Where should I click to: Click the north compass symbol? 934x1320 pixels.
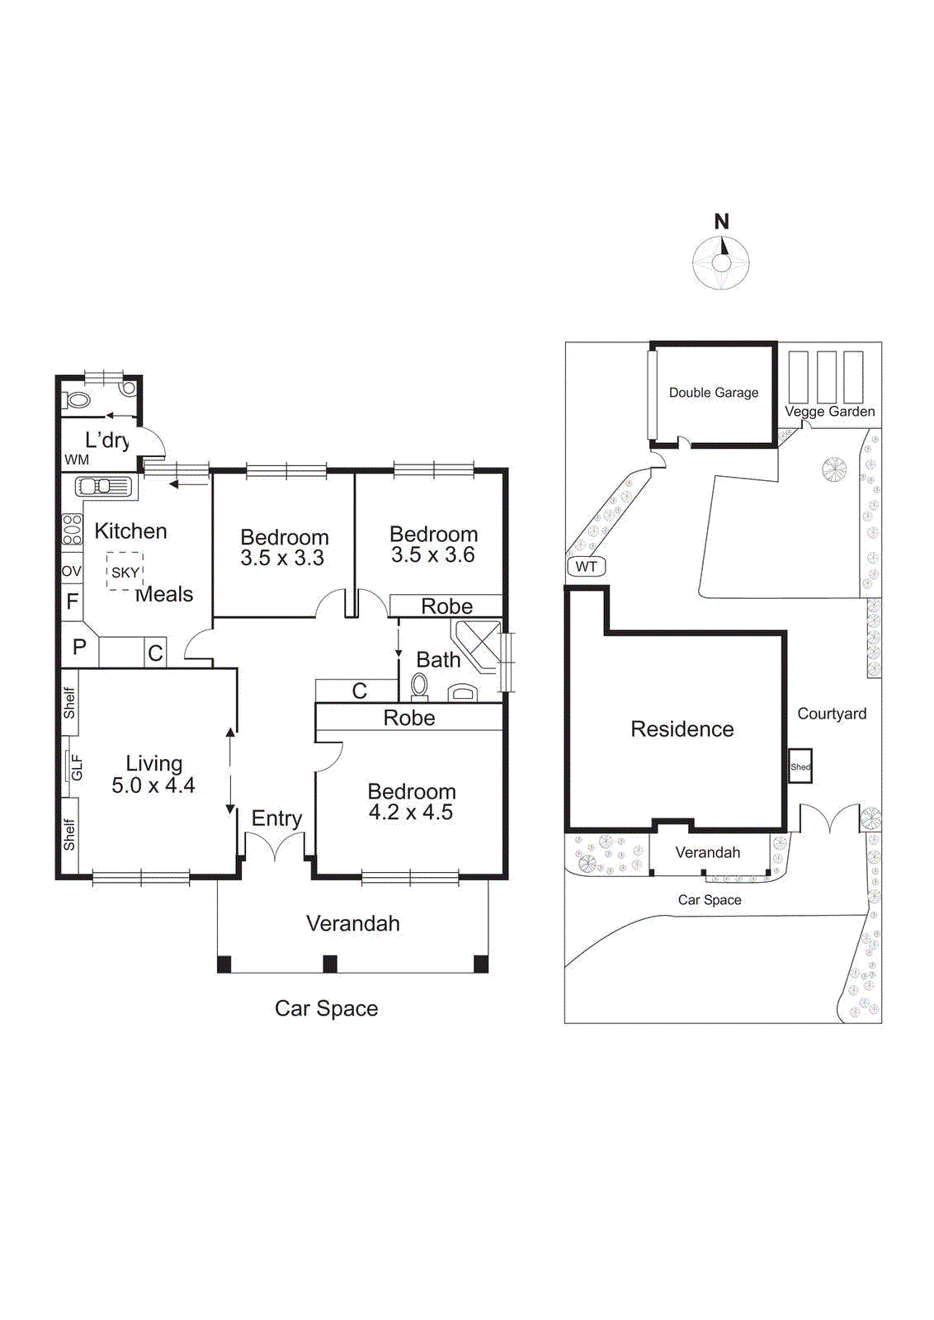point(721,262)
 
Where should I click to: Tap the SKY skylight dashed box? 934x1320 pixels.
point(125,572)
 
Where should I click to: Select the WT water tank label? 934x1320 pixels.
point(586,567)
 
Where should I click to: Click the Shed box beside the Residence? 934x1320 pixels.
point(800,766)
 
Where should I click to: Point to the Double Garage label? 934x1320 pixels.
point(713,393)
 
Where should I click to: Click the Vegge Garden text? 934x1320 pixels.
point(829,412)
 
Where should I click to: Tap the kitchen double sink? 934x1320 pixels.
point(103,487)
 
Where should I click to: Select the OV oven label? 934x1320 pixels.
point(72,571)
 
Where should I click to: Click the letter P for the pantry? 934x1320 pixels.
point(79,648)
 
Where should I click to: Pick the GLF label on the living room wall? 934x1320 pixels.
point(76,766)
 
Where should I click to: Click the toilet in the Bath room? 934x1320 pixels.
point(419,686)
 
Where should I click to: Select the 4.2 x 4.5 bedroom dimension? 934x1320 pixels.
point(410,813)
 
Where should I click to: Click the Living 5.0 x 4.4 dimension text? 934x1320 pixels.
point(153,785)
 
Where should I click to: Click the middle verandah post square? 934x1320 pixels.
point(330,964)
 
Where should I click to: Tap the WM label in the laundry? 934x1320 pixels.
point(77,460)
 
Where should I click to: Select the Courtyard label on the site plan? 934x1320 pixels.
point(832,714)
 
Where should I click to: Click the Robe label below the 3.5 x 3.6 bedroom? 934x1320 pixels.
point(446,606)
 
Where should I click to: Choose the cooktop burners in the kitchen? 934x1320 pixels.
point(73,529)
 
